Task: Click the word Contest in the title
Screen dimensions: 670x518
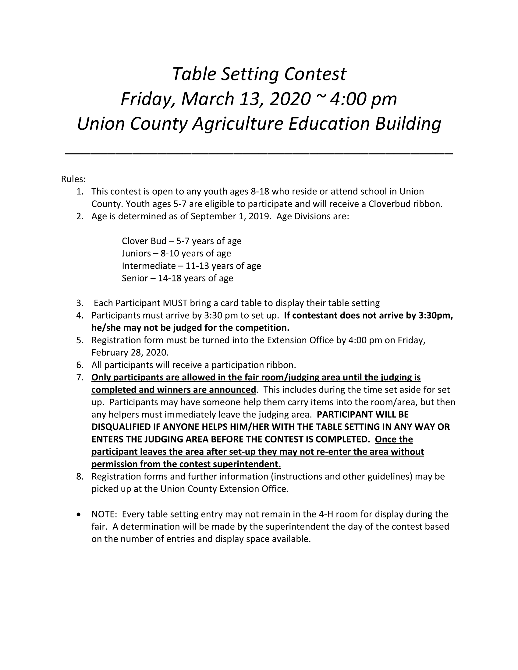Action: [x=315, y=74]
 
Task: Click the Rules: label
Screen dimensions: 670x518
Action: [x=73, y=179]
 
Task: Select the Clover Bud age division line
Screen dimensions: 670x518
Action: [x=181, y=241]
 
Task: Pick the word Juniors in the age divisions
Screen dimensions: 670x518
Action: [x=136, y=253]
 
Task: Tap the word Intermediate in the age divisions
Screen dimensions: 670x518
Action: [x=148, y=266]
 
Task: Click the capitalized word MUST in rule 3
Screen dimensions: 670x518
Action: [x=175, y=303]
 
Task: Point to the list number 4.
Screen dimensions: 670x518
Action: [x=80, y=316]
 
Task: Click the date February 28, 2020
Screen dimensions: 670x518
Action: [x=130, y=352]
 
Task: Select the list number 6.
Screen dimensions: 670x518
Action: [x=80, y=365]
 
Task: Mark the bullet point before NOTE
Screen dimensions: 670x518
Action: [x=80, y=514]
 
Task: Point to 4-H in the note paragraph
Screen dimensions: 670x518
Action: [x=326, y=514]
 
